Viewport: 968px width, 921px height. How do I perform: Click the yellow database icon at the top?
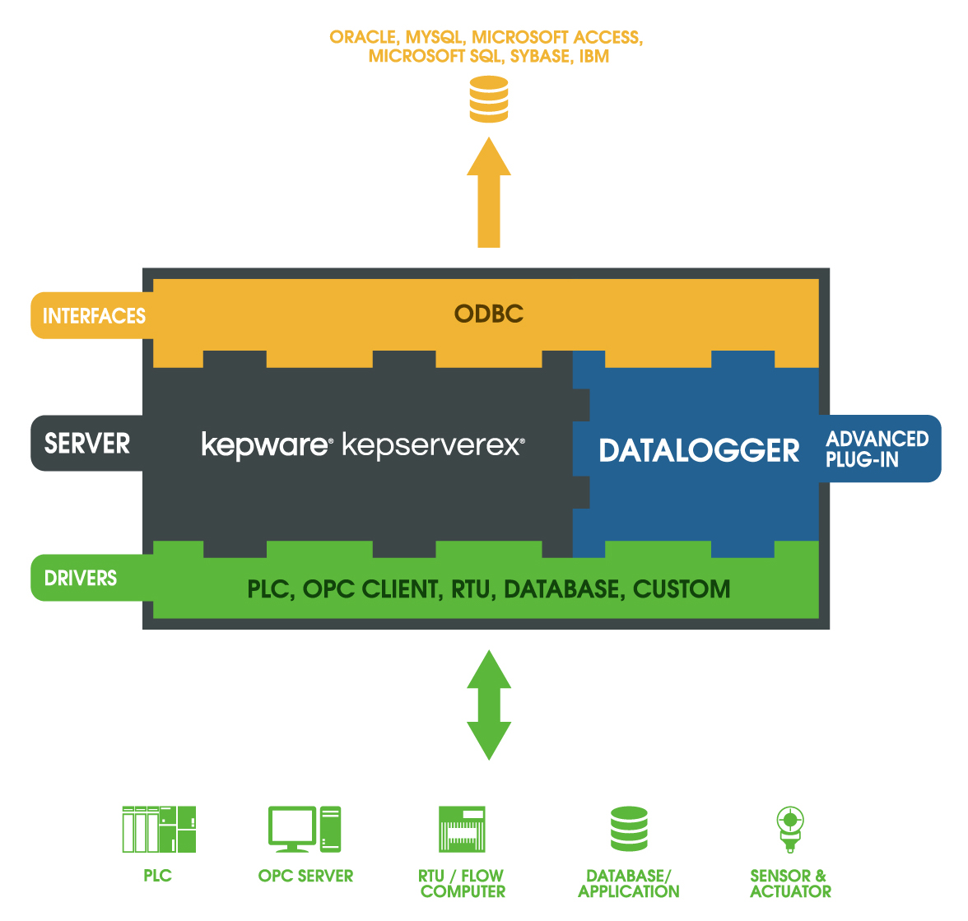(x=488, y=99)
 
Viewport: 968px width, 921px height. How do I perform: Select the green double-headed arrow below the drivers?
(x=489, y=705)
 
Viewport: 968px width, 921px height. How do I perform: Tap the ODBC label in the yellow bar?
(x=489, y=314)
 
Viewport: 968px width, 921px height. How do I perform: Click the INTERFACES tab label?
(x=94, y=316)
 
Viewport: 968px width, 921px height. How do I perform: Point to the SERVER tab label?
(x=87, y=444)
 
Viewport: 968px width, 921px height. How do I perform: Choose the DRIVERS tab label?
(x=81, y=579)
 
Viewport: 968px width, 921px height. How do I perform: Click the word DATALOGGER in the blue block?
(x=699, y=450)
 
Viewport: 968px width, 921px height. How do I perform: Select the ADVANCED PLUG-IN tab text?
(x=877, y=449)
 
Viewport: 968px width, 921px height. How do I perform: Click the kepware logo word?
(x=265, y=444)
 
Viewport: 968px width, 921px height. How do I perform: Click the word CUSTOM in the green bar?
(x=682, y=589)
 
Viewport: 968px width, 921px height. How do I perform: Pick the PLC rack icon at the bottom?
(x=158, y=829)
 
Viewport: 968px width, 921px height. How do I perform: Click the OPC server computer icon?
(x=305, y=829)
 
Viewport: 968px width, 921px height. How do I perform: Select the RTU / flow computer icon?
(x=463, y=829)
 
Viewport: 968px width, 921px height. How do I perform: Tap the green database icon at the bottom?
(x=629, y=829)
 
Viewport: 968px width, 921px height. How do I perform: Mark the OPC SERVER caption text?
(x=305, y=877)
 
